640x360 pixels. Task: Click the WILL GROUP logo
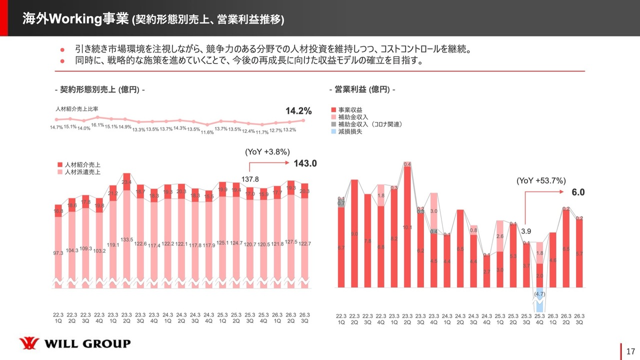coord(74,343)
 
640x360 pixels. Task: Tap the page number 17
coord(630,351)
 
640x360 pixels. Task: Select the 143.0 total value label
coord(305,163)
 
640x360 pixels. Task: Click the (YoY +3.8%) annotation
coord(267,151)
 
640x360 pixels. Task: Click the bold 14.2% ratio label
coord(298,111)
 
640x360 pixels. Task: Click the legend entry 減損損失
coord(349,131)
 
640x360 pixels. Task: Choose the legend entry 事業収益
coord(349,109)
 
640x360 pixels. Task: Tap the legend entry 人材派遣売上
coord(82,172)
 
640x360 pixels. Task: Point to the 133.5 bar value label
coord(126,240)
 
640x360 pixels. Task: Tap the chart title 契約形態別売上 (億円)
coord(100,89)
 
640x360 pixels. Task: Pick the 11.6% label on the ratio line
coord(207,132)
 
